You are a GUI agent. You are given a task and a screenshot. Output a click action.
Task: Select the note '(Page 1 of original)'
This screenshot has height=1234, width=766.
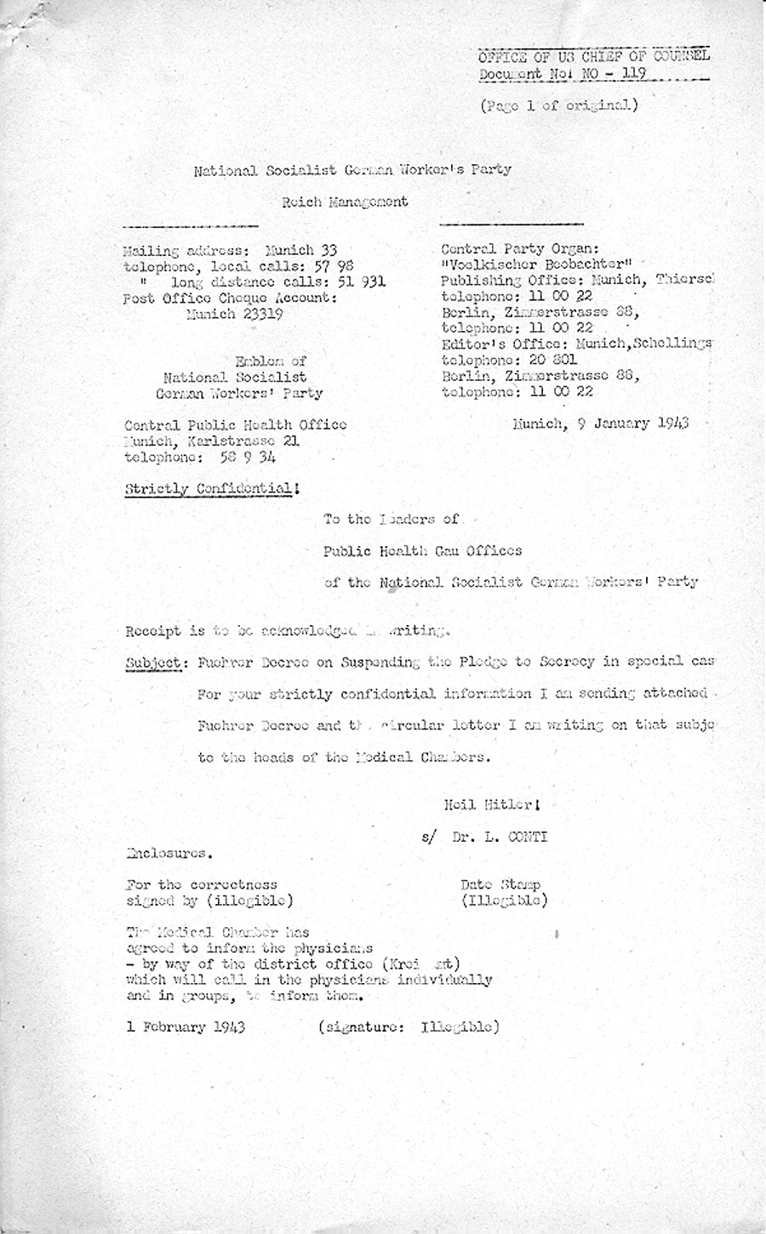point(557,106)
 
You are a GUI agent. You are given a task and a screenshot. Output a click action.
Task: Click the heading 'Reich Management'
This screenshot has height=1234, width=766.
point(345,202)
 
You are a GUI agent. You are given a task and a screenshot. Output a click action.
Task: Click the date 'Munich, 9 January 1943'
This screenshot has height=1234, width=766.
point(600,423)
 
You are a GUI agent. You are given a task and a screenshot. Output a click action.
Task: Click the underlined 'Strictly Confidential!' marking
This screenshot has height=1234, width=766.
point(212,489)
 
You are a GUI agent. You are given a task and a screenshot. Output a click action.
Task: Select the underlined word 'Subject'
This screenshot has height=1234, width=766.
point(153,662)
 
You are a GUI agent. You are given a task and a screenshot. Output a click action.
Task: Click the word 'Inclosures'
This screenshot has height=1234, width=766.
point(169,852)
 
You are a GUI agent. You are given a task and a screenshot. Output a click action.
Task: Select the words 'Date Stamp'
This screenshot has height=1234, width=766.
point(500,884)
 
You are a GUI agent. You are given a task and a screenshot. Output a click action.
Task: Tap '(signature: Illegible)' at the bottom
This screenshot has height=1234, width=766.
point(408,1026)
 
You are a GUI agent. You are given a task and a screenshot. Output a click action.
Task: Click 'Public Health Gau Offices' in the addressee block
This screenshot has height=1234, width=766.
point(422,550)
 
